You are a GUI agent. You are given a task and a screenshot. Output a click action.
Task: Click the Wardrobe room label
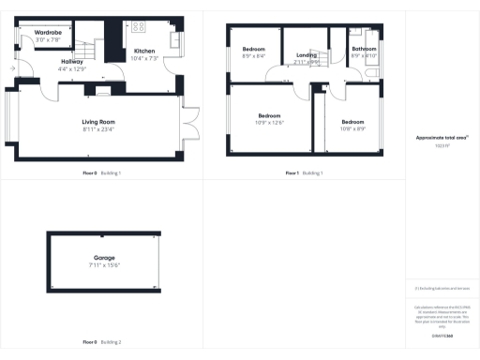tap(48, 33)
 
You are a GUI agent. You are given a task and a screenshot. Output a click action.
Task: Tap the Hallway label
tap(71, 62)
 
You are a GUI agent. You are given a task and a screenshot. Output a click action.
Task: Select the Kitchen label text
tap(144, 51)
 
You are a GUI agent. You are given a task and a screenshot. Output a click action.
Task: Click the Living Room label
tap(98, 122)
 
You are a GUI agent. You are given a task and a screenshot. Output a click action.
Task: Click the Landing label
tap(307, 55)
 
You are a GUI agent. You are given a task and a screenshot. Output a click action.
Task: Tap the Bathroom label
tap(364, 49)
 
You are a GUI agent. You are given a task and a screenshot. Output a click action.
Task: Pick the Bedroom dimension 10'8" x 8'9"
tap(352, 128)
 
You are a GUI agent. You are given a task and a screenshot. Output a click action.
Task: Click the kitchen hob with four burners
tap(139, 26)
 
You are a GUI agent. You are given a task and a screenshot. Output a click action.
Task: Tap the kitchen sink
tap(174, 40)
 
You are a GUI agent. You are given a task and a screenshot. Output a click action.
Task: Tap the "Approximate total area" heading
tap(442, 138)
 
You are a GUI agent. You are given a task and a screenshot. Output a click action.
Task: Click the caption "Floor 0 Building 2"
tap(102, 341)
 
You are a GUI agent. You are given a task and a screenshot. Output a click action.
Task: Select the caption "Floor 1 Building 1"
tap(305, 173)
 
